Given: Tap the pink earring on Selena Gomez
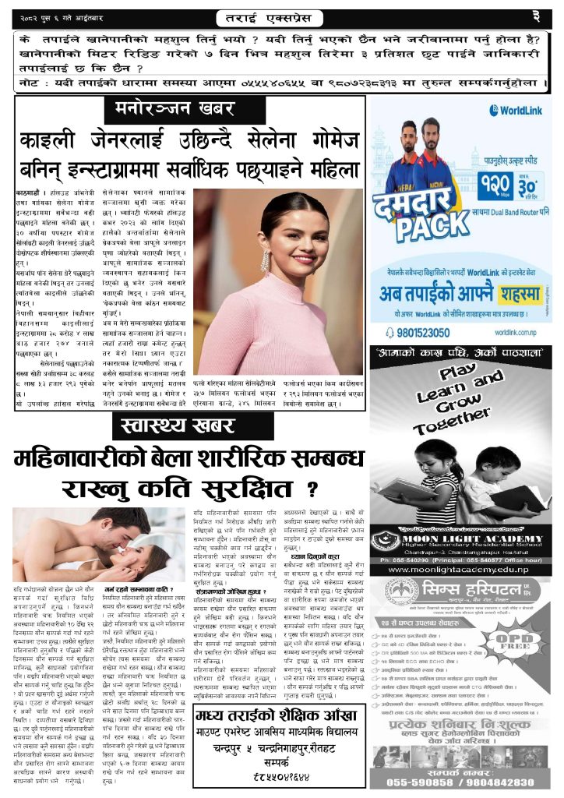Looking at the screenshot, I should click(265, 258).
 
